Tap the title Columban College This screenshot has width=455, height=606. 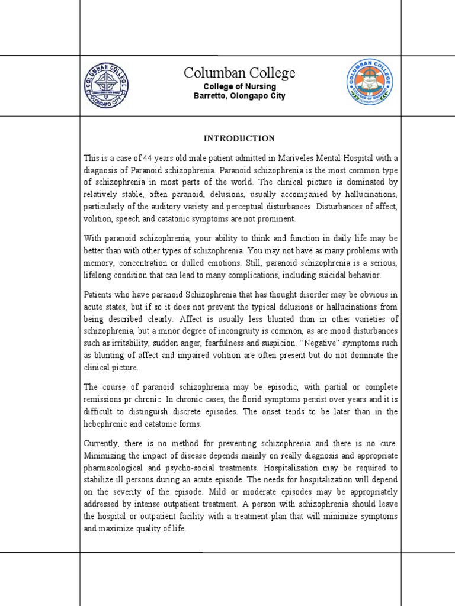(x=239, y=73)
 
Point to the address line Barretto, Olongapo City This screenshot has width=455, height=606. (x=239, y=96)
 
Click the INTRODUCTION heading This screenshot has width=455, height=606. (x=239, y=138)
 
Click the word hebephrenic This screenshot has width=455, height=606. (x=107, y=424)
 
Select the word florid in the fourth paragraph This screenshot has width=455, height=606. (x=252, y=399)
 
